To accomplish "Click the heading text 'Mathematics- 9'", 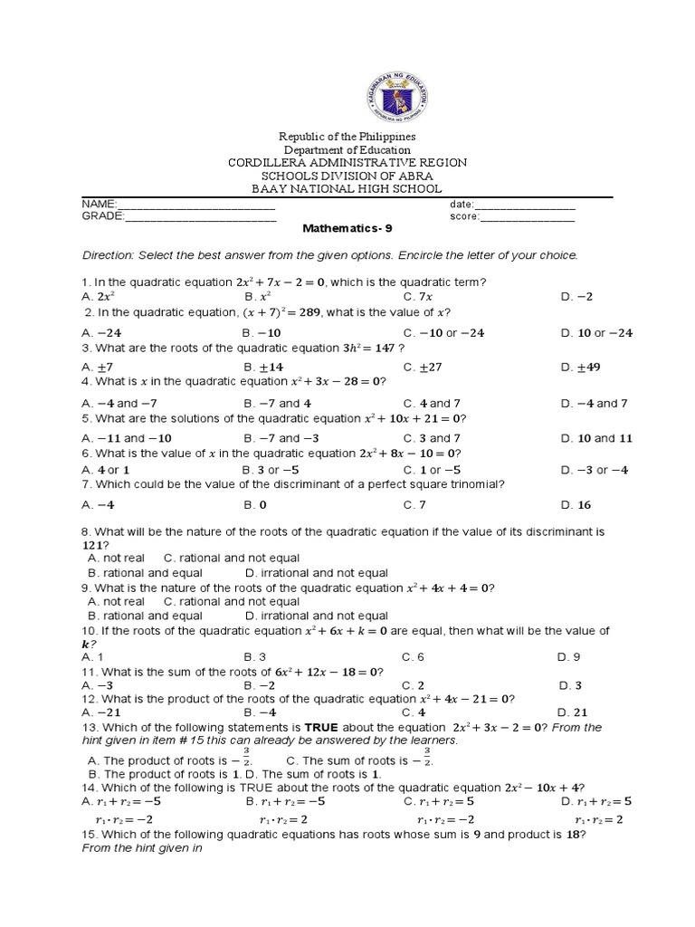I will (x=347, y=230).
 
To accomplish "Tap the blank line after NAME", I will (x=195, y=205).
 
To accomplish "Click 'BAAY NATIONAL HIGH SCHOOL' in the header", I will (x=347, y=188).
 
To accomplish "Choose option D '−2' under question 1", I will (x=576, y=296).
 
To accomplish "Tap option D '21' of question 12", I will (x=572, y=712).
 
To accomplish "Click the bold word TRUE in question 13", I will (x=320, y=727).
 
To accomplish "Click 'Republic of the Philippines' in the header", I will (x=347, y=136).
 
